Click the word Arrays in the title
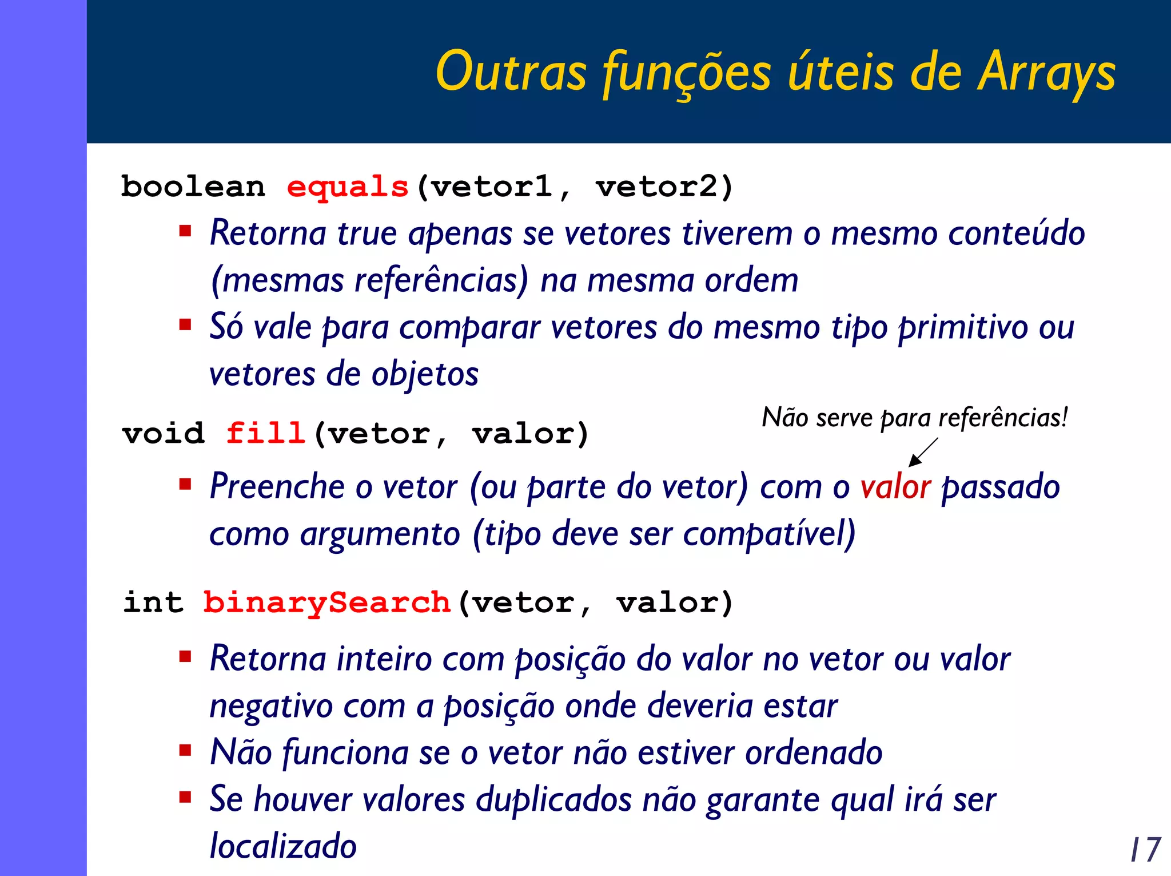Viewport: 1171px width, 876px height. point(1046,73)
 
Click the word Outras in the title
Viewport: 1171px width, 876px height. point(511,73)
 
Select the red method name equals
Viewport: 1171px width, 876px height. point(348,188)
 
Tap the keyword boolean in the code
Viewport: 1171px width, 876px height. point(193,187)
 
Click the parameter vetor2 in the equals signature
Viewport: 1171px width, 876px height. point(663,187)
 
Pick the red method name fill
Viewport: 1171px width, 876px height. point(265,433)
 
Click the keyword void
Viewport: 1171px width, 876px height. point(164,433)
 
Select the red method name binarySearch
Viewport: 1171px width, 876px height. point(327,603)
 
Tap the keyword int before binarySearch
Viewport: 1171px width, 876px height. point(153,603)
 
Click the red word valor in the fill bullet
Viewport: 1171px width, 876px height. point(895,487)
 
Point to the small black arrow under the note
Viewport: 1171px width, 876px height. point(922,453)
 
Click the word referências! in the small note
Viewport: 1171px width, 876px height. point(1002,418)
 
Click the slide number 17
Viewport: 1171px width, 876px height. point(1145,850)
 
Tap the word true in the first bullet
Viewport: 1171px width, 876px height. point(367,233)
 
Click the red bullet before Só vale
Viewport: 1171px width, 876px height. point(185,325)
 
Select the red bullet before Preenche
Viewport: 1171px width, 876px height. point(185,485)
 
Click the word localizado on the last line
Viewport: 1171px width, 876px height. point(283,846)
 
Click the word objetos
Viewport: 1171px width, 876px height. point(424,375)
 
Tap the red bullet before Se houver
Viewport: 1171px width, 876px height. point(185,797)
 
